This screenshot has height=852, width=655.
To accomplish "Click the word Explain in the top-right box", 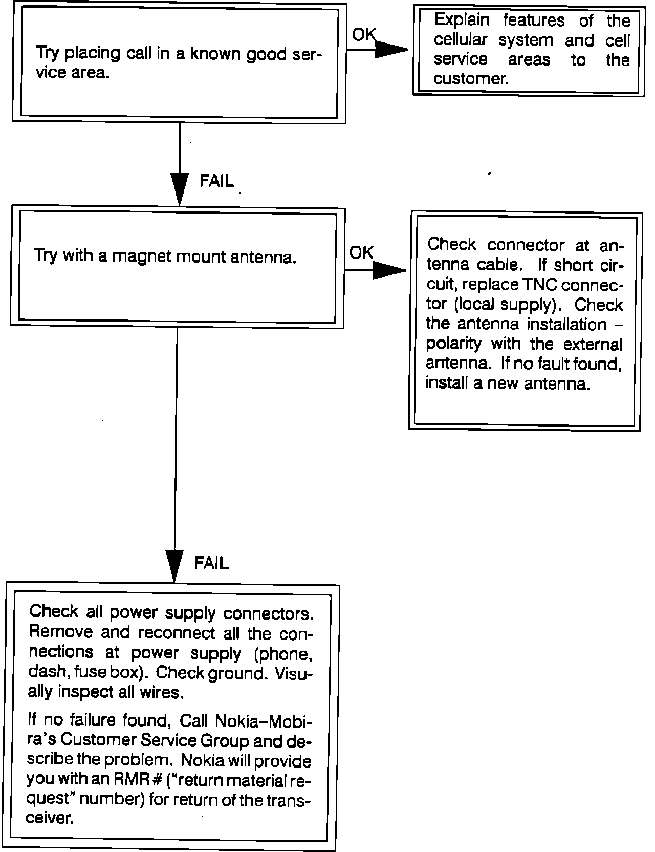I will coord(461,20).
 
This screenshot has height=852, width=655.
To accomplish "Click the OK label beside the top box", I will coord(363,35).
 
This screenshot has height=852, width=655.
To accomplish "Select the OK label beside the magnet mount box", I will coord(361,252).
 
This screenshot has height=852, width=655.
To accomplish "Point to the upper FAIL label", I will coord(216,181).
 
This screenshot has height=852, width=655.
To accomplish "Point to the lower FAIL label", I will coord(211,563).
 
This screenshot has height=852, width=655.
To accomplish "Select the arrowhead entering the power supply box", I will coord(174,566).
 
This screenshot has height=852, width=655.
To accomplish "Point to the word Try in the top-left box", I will coord(48,53).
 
